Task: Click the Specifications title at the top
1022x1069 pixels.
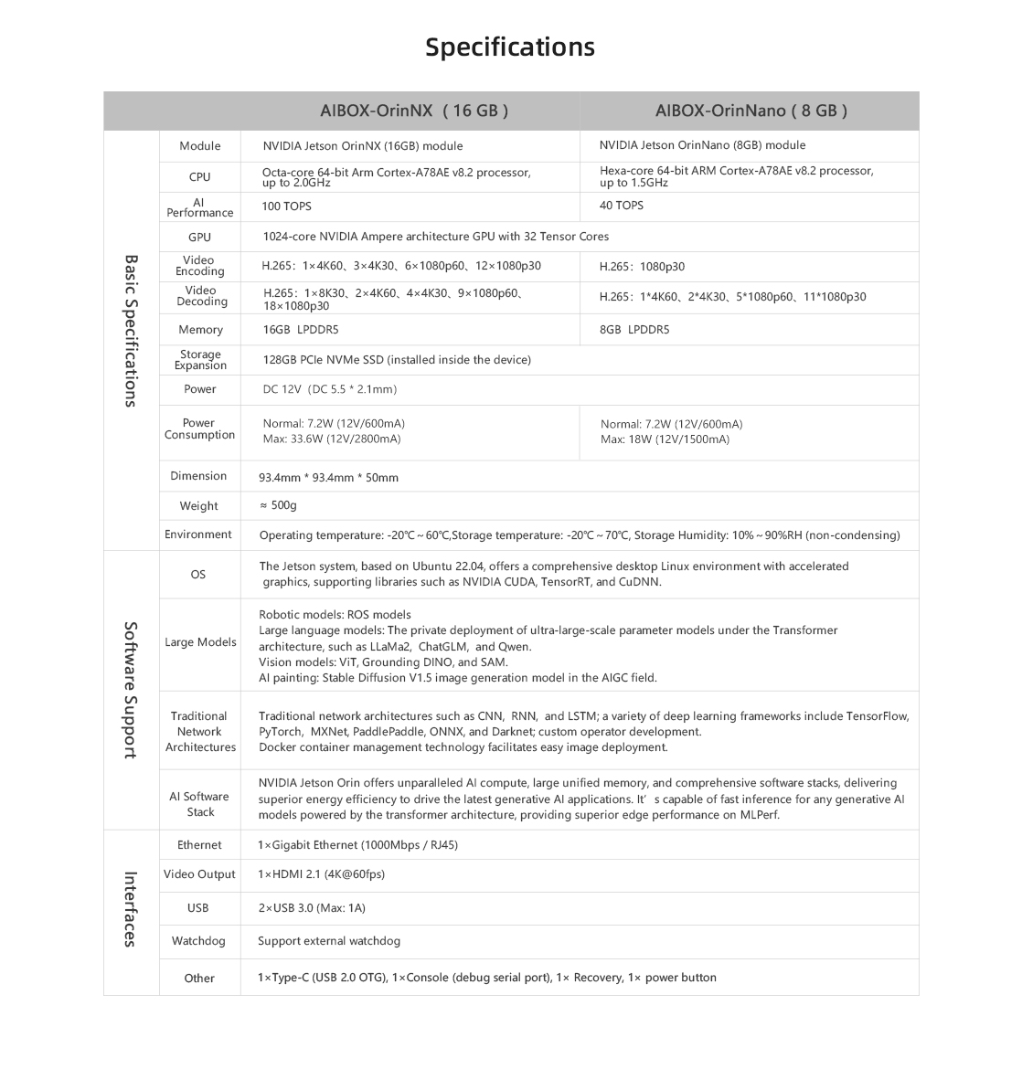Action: tap(510, 48)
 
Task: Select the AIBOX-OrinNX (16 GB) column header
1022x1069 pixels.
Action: tap(413, 111)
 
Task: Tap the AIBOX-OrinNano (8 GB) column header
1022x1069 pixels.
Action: tap(751, 111)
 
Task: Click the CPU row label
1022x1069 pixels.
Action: tap(199, 177)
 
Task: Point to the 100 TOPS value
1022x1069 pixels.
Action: tap(286, 206)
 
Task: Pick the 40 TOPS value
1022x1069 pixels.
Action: tap(622, 206)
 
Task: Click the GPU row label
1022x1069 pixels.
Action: tap(199, 238)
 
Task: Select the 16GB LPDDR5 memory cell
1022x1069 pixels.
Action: tap(301, 330)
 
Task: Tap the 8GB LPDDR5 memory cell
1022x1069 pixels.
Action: tap(634, 330)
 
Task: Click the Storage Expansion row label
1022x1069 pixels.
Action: tap(200, 360)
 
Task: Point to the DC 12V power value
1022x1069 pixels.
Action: tap(329, 389)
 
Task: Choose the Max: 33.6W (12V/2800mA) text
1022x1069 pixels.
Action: tap(332, 439)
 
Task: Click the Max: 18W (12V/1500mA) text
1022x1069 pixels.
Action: tap(665, 439)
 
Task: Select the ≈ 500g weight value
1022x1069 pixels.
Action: tap(278, 505)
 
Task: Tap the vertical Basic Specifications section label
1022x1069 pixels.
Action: tap(131, 331)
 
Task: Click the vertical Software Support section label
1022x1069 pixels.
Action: tap(131, 690)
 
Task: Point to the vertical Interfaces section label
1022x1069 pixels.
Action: tap(131, 909)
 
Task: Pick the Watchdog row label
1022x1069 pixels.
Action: tap(198, 941)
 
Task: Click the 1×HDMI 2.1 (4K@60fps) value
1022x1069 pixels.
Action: tap(321, 874)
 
